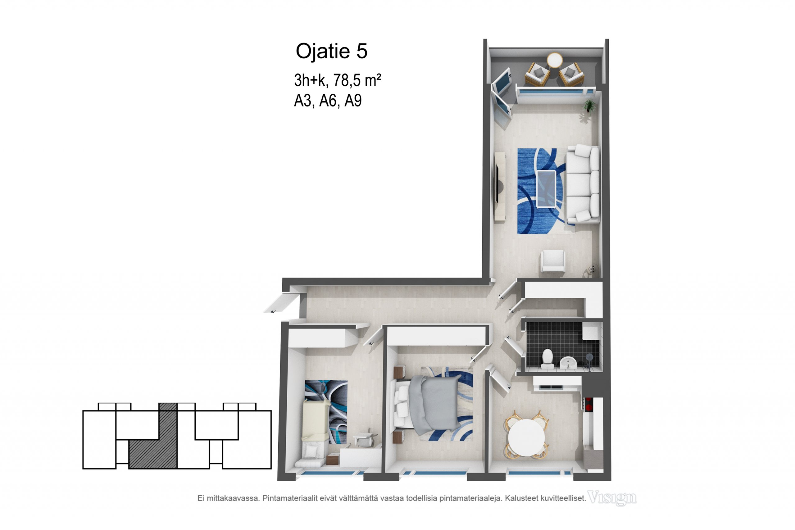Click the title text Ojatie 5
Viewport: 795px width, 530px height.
point(331,51)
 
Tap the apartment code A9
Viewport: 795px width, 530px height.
point(353,100)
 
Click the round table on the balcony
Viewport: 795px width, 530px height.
point(555,60)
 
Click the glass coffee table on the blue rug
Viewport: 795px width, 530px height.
point(546,188)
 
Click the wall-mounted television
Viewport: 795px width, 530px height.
point(497,184)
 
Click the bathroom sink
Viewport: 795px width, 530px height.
point(569,363)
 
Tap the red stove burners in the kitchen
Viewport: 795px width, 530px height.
point(588,404)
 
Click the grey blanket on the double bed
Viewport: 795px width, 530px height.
point(434,404)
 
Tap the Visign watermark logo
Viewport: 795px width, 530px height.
point(612,497)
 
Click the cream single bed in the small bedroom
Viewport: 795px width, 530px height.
point(316,430)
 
